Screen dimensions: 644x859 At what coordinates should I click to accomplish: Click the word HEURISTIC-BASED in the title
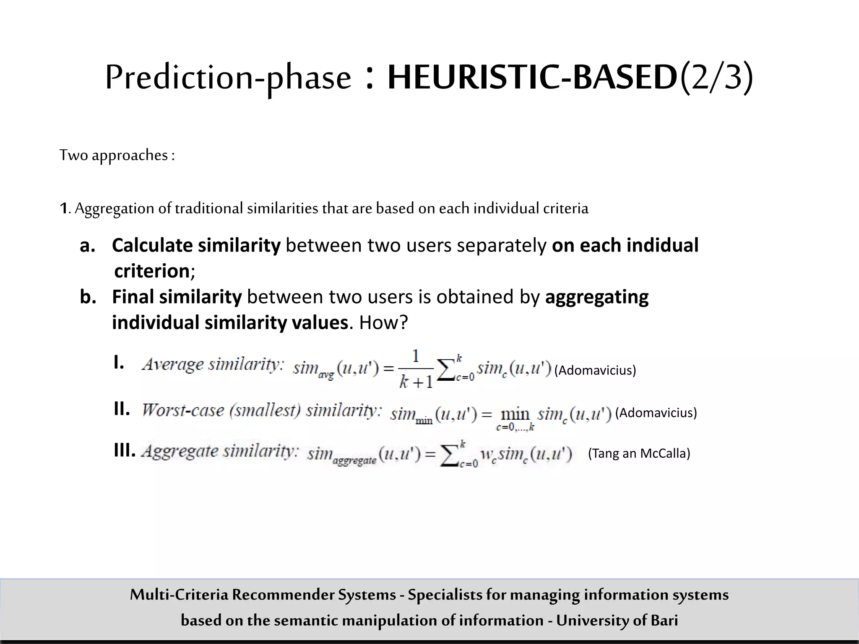point(532,78)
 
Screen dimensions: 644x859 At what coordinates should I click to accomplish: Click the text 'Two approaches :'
point(117,155)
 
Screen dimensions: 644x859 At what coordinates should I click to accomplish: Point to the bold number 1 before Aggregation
point(63,208)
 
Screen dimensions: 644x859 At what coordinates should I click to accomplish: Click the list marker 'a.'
point(88,246)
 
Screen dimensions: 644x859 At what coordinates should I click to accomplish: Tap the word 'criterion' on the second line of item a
point(152,271)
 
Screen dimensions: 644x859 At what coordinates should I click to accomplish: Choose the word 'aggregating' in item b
point(596,297)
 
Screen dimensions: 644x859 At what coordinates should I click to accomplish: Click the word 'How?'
point(383,323)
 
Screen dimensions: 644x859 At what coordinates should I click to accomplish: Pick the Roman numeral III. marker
point(125,451)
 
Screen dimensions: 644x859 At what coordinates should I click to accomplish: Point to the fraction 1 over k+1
point(416,369)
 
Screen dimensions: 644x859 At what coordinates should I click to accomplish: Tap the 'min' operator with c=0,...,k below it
point(515,418)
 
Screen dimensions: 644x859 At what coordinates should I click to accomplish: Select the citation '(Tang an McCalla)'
point(639,453)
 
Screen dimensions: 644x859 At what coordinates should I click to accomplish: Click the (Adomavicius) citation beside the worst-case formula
point(656,413)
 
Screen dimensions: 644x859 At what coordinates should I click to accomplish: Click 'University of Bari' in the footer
point(617,620)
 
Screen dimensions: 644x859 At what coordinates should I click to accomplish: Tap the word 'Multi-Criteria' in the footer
point(179,595)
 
